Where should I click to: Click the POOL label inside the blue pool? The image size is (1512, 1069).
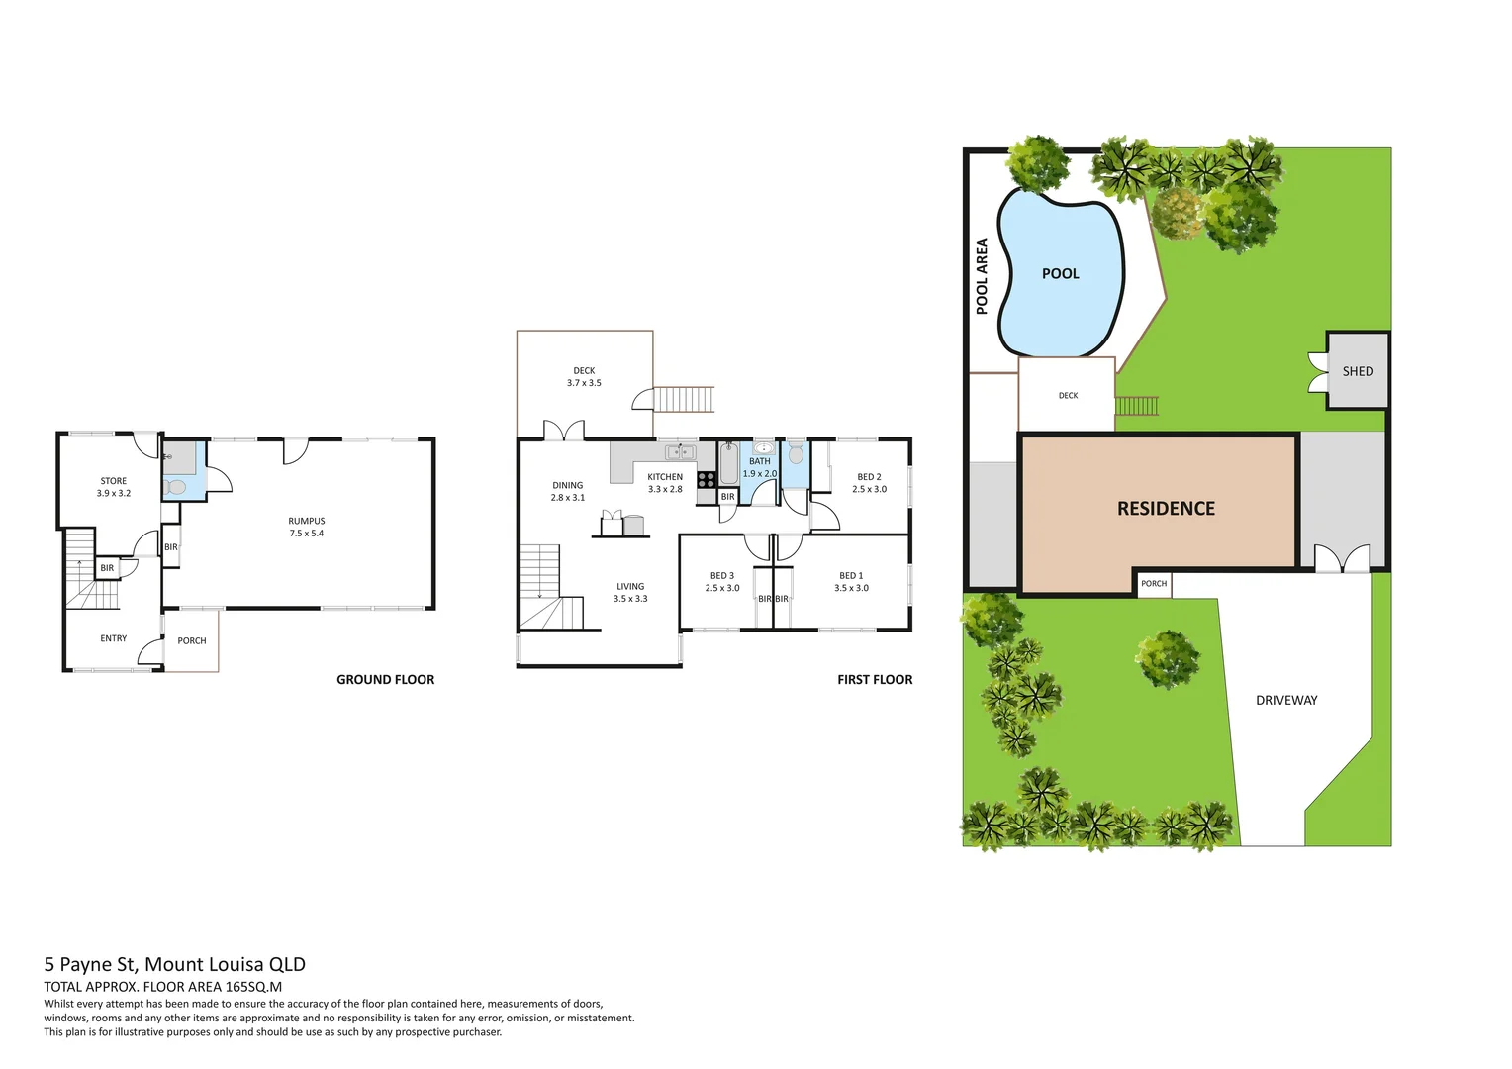1060,274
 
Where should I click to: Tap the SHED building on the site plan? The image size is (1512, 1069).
1358,371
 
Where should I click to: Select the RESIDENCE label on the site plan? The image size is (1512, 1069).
1166,509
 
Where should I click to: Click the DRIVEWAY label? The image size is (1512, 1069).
1286,701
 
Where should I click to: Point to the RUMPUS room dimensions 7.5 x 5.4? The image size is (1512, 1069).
307,534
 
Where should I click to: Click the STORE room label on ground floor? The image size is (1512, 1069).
114,481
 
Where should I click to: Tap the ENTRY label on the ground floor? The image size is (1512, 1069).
114,639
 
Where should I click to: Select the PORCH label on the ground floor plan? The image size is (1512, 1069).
192,641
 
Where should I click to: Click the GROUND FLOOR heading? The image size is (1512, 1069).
385,680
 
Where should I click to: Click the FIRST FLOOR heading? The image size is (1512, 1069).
875,680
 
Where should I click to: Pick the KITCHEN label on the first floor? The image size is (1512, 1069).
665,477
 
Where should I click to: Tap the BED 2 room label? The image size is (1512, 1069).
869,477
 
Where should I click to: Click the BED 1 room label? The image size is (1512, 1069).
851,576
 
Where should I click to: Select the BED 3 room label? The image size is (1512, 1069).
722,576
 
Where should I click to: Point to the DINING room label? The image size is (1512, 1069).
568,486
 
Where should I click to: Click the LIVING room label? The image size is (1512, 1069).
630,587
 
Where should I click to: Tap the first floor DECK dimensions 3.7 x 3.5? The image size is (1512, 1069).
584,383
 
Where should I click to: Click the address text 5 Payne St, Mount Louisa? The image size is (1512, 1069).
174,965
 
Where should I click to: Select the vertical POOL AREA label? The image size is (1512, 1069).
982,276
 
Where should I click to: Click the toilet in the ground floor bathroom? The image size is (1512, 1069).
176,487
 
